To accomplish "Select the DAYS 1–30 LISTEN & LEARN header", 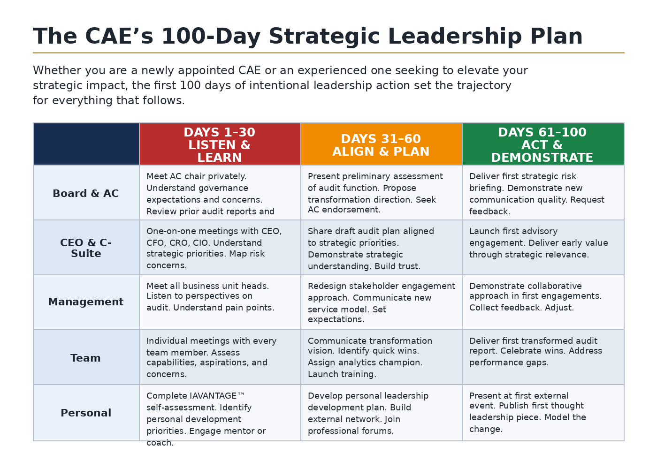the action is tap(220, 144).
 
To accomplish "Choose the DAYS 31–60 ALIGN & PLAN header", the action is tap(381, 144).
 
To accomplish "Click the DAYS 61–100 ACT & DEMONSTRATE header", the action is tap(543, 144).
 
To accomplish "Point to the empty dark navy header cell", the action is tap(86, 144).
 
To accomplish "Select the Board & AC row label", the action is tap(85, 193).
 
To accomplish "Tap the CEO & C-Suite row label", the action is tap(86, 248).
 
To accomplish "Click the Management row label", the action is tap(85, 302).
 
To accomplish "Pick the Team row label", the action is tap(85, 358).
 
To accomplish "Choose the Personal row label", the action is tap(86, 413).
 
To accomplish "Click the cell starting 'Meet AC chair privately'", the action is tap(220, 193).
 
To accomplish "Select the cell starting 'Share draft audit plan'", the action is tap(381, 248).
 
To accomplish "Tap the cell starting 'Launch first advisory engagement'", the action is tap(543, 248).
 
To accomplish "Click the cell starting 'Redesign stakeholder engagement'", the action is tap(381, 302).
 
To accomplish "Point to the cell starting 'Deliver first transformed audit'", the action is tap(543, 357).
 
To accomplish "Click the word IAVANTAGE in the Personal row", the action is tap(213, 396).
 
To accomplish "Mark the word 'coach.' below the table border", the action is tap(160, 443).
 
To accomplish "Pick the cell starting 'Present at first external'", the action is tap(543, 412).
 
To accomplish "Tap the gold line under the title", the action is tap(328, 53).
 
